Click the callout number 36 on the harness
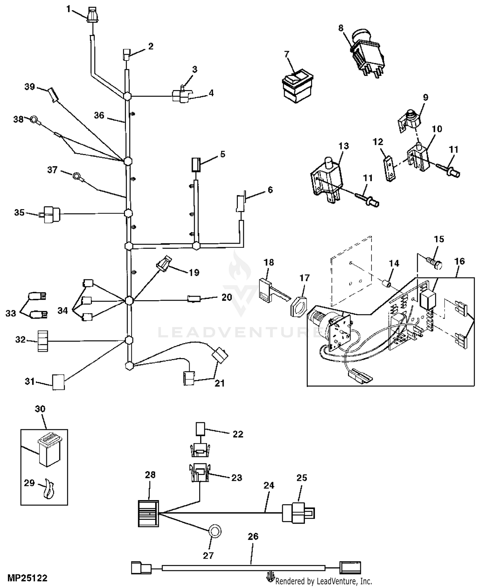[99, 115]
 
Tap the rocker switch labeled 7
[298, 86]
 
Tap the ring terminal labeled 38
[34, 120]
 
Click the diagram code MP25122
[27, 578]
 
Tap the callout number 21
[219, 383]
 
